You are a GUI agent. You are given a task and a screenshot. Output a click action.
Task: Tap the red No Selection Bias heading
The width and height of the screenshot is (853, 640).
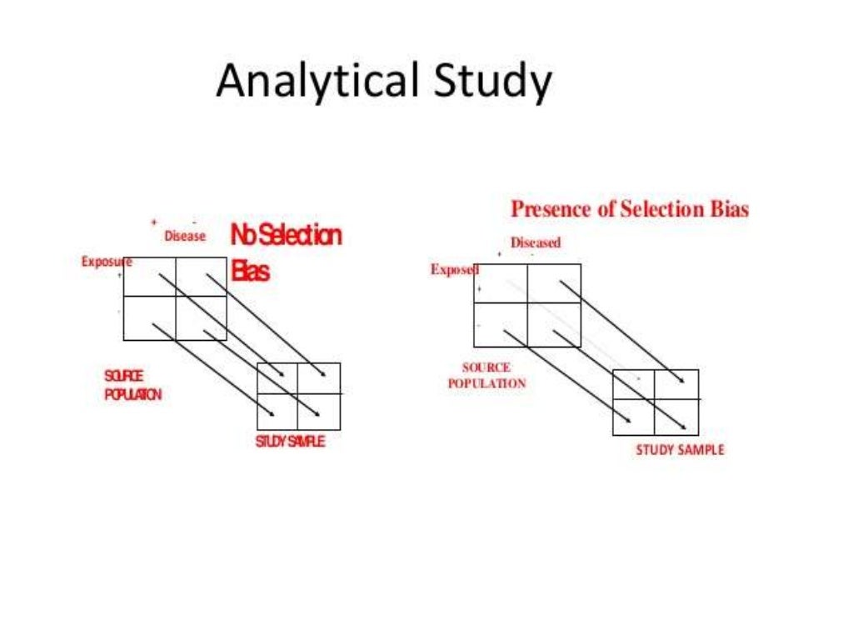pyautogui.click(x=286, y=252)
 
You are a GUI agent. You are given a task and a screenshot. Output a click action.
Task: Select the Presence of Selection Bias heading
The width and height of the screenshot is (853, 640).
pyautogui.click(x=630, y=209)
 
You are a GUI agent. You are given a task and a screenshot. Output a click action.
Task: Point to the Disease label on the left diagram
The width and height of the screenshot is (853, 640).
pyautogui.click(x=185, y=237)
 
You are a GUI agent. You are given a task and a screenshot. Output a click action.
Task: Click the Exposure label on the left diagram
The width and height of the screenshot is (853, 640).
pyautogui.click(x=107, y=262)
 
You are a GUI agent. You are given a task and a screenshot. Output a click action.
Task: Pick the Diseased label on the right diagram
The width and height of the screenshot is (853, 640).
pyautogui.click(x=536, y=243)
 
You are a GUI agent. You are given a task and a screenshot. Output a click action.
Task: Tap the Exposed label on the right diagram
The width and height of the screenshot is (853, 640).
pyautogui.click(x=454, y=269)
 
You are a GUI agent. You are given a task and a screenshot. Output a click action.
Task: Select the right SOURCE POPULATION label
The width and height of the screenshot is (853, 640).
pyautogui.click(x=487, y=376)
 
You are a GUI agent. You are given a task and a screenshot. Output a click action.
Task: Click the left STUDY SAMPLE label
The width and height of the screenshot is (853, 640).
pyautogui.click(x=290, y=442)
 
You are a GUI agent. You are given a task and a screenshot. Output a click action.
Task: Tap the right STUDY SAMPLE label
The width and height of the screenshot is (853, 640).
pyautogui.click(x=680, y=450)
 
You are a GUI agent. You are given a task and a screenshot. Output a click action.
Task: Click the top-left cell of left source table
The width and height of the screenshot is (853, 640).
pyautogui.click(x=150, y=277)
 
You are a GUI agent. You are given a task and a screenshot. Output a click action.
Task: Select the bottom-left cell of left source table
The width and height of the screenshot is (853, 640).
pyautogui.click(x=150, y=318)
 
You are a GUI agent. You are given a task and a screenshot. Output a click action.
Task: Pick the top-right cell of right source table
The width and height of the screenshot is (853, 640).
pyautogui.click(x=554, y=283)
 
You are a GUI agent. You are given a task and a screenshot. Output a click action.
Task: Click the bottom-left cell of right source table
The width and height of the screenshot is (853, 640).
pyautogui.click(x=501, y=325)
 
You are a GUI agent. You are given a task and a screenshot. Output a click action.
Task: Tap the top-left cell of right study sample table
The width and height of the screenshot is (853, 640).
pyautogui.click(x=634, y=384)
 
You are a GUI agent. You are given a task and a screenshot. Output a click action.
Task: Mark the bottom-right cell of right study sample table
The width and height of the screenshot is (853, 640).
pyautogui.click(x=676, y=417)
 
